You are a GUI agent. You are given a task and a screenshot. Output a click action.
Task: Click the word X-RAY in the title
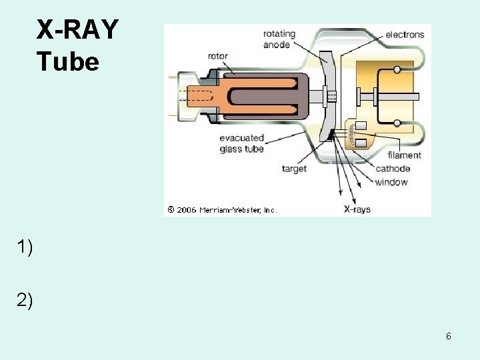point(77,30)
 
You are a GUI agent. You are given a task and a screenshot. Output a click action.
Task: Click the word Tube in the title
point(68,62)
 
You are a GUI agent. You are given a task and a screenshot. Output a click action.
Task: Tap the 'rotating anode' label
point(276,39)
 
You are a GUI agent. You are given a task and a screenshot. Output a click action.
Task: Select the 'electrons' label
point(405,35)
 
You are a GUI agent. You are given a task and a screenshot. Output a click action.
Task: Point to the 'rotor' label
point(218,56)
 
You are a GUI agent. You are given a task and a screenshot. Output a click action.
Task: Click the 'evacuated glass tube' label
point(241,143)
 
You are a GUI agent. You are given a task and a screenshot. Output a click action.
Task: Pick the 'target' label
point(294,169)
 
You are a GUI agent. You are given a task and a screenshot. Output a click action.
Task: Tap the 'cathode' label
point(393,169)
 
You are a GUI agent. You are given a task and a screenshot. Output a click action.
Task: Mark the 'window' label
point(391,182)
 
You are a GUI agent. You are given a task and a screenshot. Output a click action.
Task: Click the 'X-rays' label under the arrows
point(357,209)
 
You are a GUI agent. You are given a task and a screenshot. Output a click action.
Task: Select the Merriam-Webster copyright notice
point(222,209)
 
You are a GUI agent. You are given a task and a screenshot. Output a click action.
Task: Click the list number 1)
point(25,247)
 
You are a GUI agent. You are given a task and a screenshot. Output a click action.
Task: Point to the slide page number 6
point(449,336)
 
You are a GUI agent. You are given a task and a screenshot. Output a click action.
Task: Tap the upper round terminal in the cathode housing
point(397,69)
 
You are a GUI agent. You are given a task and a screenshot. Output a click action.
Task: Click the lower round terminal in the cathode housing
point(397,123)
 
